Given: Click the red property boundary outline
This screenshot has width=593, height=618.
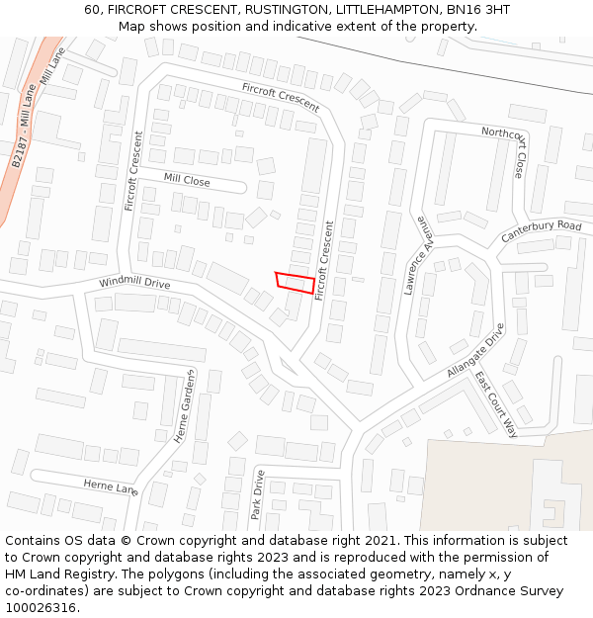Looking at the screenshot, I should click(295, 282).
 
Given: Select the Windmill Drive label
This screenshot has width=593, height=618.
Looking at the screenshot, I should click(134, 284).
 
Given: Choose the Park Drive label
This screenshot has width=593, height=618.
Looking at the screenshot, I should click(258, 495).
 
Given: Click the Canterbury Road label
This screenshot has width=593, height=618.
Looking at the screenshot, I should click(542, 231).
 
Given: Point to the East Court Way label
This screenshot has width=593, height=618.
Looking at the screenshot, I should click(496, 404).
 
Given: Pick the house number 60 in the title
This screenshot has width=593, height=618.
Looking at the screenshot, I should click(92, 10).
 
